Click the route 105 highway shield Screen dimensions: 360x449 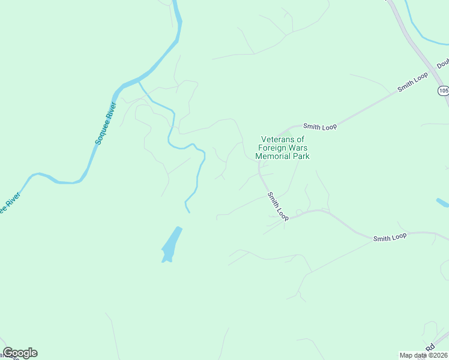(443, 91)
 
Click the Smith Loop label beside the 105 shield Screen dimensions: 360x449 (412, 83)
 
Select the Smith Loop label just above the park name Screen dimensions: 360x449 (320, 127)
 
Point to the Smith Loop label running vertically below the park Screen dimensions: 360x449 (278, 206)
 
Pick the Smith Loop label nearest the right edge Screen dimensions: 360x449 (390, 238)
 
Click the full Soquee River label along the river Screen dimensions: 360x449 (106, 123)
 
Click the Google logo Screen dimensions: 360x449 (20, 353)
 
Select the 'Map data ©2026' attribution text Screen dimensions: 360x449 (423, 355)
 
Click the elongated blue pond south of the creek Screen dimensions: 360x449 (171, 245)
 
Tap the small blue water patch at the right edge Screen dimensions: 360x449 (442, 202)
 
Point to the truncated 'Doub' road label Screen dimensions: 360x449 (442, 64)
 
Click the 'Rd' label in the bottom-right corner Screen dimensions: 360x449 (430, 347)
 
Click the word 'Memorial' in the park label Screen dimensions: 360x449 (273, 156)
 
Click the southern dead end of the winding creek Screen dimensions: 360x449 (188, 211)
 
